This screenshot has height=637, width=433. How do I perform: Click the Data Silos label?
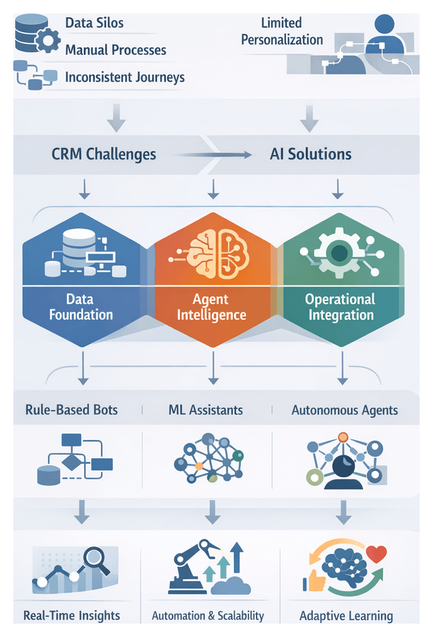coord(94,23)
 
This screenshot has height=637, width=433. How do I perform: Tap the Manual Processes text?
coord(116,50)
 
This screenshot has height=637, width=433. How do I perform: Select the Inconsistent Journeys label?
coord(124,77)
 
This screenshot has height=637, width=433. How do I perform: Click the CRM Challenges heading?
coord(104,154)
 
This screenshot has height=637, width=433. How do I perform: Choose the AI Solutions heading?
coord(311,154)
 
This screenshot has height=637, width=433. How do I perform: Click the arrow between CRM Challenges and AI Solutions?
coord(214,155)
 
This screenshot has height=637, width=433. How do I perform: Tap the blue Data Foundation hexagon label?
coord(80,307)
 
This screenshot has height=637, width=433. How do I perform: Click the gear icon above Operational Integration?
coord(340,253)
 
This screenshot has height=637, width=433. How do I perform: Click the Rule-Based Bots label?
coord(71,409)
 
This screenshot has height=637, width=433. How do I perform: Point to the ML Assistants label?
coord(206,409)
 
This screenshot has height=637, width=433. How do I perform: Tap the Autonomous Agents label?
coord(345,409)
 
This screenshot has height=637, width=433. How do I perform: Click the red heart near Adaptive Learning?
coord(377,555)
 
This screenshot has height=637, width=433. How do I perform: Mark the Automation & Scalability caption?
coord(208,616)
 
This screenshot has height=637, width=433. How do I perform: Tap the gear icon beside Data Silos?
coord(47,40)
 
